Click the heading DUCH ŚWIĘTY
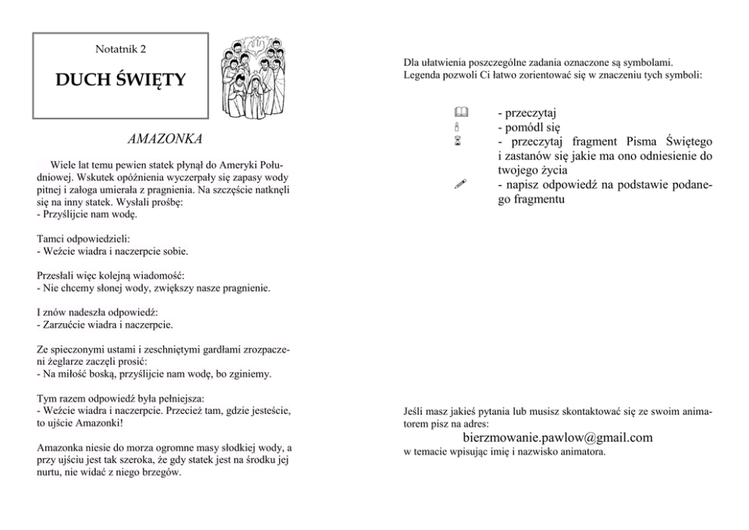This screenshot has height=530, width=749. (120, 80)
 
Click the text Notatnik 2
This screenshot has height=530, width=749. (121, 49)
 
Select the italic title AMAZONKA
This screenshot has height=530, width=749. (164, 140)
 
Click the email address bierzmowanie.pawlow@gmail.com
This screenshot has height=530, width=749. (557, 438)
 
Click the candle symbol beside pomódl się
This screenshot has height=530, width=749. (458, 128)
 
